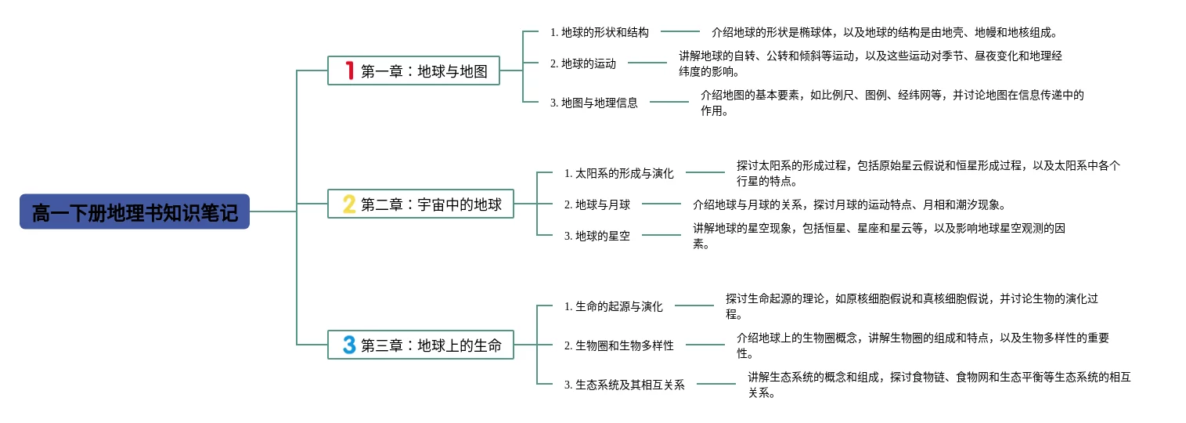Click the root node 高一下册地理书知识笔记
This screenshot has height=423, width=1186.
click(135, 211)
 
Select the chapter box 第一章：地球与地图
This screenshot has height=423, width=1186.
click(413, 70)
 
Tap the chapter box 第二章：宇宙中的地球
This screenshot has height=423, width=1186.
click(420, 204)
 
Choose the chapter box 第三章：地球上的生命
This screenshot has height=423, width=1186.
click(420, 345)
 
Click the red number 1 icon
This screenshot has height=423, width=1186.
click(349, 70)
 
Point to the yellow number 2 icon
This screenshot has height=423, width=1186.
click(349, 204)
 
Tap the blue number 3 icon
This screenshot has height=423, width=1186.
click(349, 345)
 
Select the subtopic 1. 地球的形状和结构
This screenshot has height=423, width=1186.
click(600, 32)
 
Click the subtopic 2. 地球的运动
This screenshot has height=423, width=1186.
click(583, 63)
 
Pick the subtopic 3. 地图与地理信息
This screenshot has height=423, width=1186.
click(593, 103)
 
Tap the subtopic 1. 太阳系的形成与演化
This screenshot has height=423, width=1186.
click(619, 173)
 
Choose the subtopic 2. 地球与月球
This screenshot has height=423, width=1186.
click(597, 204)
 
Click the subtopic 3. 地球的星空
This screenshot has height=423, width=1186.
click(597, 236)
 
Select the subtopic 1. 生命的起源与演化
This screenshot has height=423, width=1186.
click(613, 306)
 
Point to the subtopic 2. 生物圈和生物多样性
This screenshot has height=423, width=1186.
click(619, 345)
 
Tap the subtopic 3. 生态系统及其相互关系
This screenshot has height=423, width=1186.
click(624, 385)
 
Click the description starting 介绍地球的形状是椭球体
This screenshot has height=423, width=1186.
click(885, 32)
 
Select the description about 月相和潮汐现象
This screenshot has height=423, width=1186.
click(850, 204)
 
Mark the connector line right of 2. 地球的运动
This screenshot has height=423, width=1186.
click(647, 63)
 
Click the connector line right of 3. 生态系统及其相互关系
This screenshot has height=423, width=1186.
click(716, 384)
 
